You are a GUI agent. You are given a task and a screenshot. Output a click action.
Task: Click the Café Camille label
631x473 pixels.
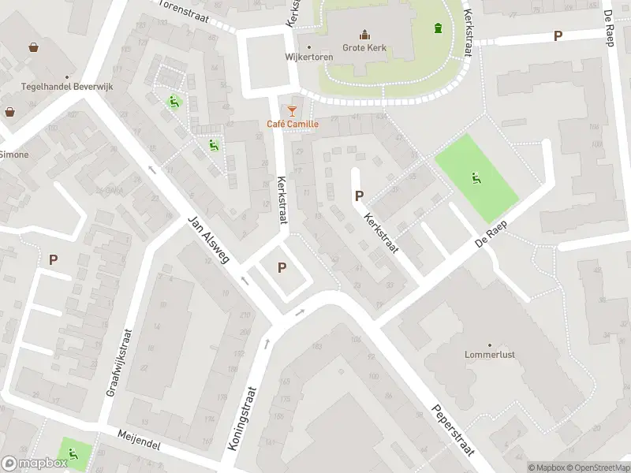click(x=293, y=124)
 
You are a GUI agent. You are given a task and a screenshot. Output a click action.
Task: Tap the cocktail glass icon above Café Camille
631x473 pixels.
click(x=293, y=110)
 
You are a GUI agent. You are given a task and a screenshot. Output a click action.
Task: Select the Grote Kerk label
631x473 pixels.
click(x=364, y=48)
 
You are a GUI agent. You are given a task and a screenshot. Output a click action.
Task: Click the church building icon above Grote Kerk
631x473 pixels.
click(x=364, y=34)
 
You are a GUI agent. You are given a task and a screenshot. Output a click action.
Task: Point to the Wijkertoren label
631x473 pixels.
click(x=309, y=57)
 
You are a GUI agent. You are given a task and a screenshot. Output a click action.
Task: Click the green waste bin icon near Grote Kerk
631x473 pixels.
click(x=438, y=29)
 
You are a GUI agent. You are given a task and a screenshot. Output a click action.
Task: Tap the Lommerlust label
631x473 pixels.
click(x=490, y=355)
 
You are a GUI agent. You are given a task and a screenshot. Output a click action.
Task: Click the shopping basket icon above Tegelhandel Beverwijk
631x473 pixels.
click(x=34, y=47)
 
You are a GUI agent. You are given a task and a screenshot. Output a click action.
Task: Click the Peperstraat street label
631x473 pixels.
click(x=452, y=430)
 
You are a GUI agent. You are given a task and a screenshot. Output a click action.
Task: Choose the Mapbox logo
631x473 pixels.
click(x=35, y=464)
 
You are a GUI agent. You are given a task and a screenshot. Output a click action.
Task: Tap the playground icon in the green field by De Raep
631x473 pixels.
click(x=476, y=177)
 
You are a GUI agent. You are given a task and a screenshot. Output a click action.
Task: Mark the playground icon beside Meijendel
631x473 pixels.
click(x=73, y=453)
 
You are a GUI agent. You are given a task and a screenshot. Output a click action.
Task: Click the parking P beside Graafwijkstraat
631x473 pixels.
click(x=54, y=259)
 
